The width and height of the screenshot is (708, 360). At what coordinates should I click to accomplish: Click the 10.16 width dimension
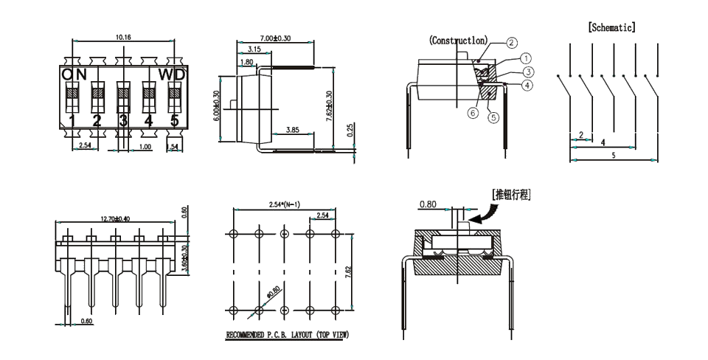[x=124, y=36]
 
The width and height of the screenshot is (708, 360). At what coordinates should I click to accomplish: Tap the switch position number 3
[x=123, y=121]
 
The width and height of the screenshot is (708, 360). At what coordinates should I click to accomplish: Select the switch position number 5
[x=175, y=121]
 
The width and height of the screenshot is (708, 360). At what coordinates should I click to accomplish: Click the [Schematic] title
[x=611, y=27]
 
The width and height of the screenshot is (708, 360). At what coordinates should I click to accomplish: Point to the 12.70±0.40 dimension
[x=122, y=218]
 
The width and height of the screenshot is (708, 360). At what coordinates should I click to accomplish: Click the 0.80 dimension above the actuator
[x=428, y=204]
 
